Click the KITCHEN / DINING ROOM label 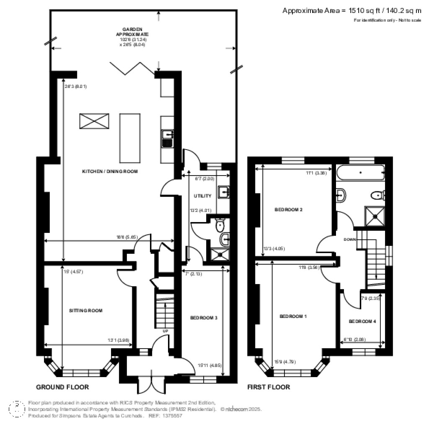tap(110, 172)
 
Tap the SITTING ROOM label tap(85, 310)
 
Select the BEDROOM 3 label tap(204, 318)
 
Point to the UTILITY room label tap(202, 196)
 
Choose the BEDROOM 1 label tap(293, 316)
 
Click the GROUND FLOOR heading tap(62, 387)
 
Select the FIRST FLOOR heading tap(269, 387)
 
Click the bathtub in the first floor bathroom tap(360, 172)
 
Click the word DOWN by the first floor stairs tap(350, 240)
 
